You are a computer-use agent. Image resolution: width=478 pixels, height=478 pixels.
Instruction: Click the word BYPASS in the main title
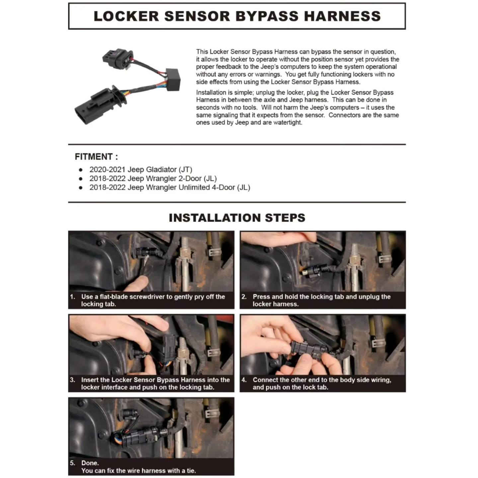coord(268,16)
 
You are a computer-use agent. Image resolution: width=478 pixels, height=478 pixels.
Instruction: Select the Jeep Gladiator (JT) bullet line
coord(141,170)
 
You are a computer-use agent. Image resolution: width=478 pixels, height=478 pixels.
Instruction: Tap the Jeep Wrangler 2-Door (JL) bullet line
coord(153,179)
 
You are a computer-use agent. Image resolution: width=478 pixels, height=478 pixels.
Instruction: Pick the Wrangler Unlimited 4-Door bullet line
coord(169,188)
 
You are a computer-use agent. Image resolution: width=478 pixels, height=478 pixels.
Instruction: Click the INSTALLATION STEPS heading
coord(237,218)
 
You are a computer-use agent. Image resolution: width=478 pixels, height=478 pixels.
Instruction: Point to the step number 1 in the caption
coord(72,297)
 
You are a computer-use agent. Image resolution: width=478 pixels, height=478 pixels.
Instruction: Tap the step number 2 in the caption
coord(244,297)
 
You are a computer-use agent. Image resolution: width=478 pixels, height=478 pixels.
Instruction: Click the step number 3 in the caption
coord(72,380)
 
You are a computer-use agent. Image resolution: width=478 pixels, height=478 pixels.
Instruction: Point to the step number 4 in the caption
coord(244,380)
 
